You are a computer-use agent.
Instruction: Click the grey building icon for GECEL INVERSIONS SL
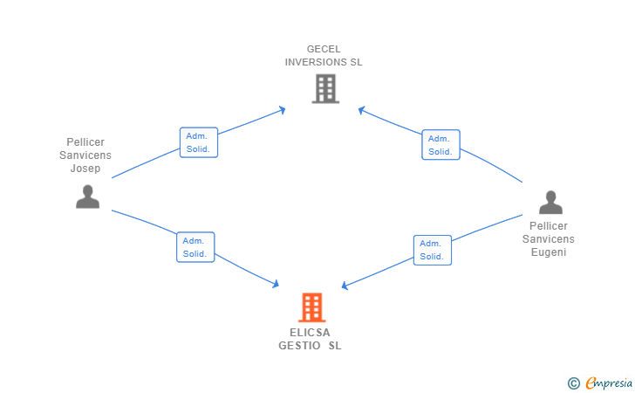click(324, 88)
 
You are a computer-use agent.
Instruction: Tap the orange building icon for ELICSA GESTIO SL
click(311, 307)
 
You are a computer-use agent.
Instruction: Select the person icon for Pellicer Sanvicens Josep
click(87, 196)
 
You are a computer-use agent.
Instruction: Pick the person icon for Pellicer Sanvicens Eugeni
click(550, 203)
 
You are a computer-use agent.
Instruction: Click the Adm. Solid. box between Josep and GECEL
click(198, 143)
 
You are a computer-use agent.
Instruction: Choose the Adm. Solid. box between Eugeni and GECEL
click(440, 145)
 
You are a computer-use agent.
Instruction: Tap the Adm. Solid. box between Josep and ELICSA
click(195, 247)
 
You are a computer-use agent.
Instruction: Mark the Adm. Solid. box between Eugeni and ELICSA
click(432, 250)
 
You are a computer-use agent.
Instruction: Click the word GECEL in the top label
click(324, 49)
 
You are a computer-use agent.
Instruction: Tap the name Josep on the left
click(85, 169)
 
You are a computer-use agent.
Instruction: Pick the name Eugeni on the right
click(549, 252)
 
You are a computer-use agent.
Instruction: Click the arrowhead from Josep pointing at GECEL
click(282, 109)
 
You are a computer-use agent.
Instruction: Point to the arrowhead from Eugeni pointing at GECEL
click(362, 109)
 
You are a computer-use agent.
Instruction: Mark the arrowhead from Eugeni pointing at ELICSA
click(345, 285)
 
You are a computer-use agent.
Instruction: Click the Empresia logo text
click(609, 382)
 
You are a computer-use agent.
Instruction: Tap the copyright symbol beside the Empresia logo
click(573, 383)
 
